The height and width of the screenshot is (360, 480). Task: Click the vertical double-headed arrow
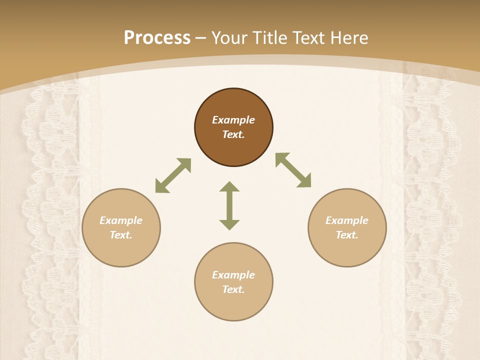coord(229,205)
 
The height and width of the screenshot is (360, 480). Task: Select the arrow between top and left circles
coord(173,175)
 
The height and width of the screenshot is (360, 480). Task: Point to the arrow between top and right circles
coord(293,170)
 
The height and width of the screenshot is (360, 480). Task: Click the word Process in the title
coord(157,37)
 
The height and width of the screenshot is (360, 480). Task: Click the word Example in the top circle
coord(233,120)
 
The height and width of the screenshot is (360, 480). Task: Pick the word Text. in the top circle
coord(233,134)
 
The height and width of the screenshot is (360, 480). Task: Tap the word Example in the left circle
coord(121,220)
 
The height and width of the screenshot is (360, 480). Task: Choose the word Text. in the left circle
coord(121,235)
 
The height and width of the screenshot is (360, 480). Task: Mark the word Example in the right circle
coord(347,220)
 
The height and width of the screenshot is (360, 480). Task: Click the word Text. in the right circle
coord(347,235)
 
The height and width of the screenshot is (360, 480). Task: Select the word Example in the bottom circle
coord(233,275)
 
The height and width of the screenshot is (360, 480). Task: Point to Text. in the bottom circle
coord(233,289)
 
